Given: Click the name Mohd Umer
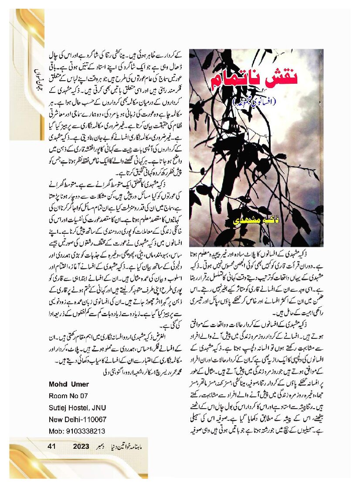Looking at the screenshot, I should [x=69, y=384].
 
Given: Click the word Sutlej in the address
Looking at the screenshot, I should [x=58, y=407].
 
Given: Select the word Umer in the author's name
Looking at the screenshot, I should [x=79, y=384].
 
